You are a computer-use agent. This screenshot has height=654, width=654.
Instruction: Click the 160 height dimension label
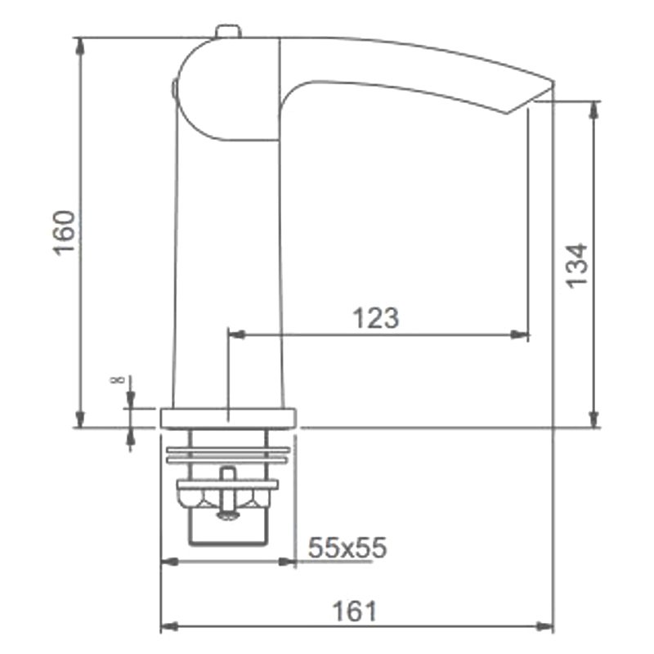[65, 233]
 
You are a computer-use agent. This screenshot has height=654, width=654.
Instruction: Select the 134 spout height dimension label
[576, 266]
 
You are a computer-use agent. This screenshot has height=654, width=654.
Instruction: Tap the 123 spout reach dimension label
[376, 318]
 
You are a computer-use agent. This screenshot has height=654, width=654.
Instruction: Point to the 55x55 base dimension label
[347, 547]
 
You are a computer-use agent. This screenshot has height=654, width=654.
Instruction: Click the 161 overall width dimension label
[354, 611]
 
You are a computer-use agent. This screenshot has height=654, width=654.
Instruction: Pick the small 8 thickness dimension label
[117, 379]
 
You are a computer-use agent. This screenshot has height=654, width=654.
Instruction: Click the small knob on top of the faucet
[228, 32]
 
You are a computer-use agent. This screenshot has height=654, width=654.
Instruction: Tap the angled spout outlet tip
[531, 96]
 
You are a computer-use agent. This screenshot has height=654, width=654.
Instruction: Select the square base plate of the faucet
[229, 419]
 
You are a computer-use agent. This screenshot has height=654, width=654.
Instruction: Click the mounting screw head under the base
[228, 517]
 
